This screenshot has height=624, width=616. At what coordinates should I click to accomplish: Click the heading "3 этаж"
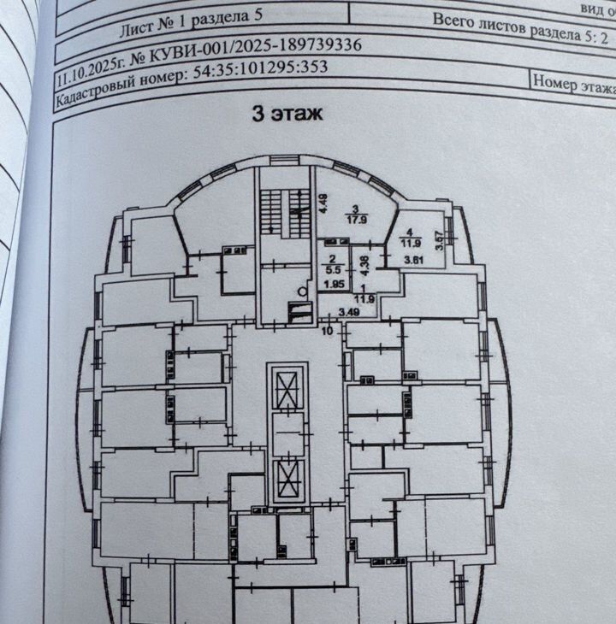(286, 114)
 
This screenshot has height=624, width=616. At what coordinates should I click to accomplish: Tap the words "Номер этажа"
(574, 85)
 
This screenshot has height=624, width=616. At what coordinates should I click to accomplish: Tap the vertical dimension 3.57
(440, 240)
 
